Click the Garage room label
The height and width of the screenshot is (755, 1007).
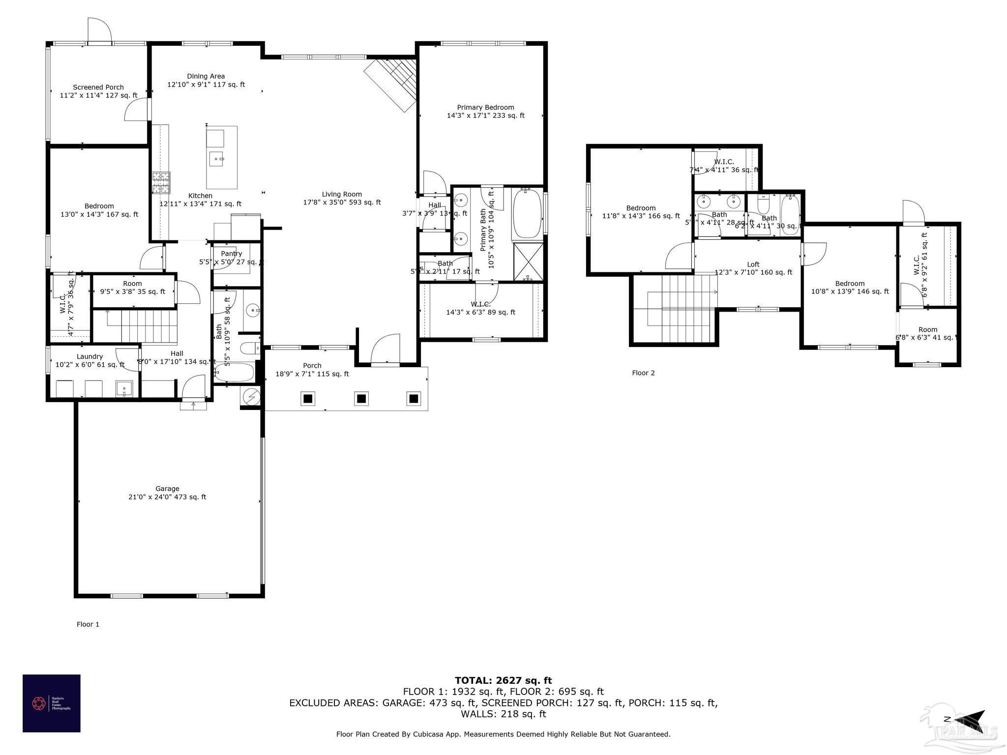point(167,489)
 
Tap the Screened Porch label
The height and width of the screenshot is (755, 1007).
point(98,87)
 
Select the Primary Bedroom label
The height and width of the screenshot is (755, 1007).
point(485,107)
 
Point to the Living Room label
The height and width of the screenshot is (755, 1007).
point(342,194)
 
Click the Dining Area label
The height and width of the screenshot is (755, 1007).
point(206,76)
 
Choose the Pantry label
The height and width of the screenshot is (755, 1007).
point(231,254)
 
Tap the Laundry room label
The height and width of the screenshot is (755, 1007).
point(89,356)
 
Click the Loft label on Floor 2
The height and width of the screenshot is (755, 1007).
point(753,264)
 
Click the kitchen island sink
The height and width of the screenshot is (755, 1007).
point(217,159)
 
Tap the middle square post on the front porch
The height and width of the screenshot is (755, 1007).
point(361,399)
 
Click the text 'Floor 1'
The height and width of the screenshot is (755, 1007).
point(88,624)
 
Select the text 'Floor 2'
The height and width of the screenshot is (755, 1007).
point(643,373)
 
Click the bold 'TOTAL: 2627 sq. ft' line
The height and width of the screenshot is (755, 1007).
point(503,680)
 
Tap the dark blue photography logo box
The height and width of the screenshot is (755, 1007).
point(51,703)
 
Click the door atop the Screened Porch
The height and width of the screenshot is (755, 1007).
point(100,31)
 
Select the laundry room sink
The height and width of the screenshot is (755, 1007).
point(124,388)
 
